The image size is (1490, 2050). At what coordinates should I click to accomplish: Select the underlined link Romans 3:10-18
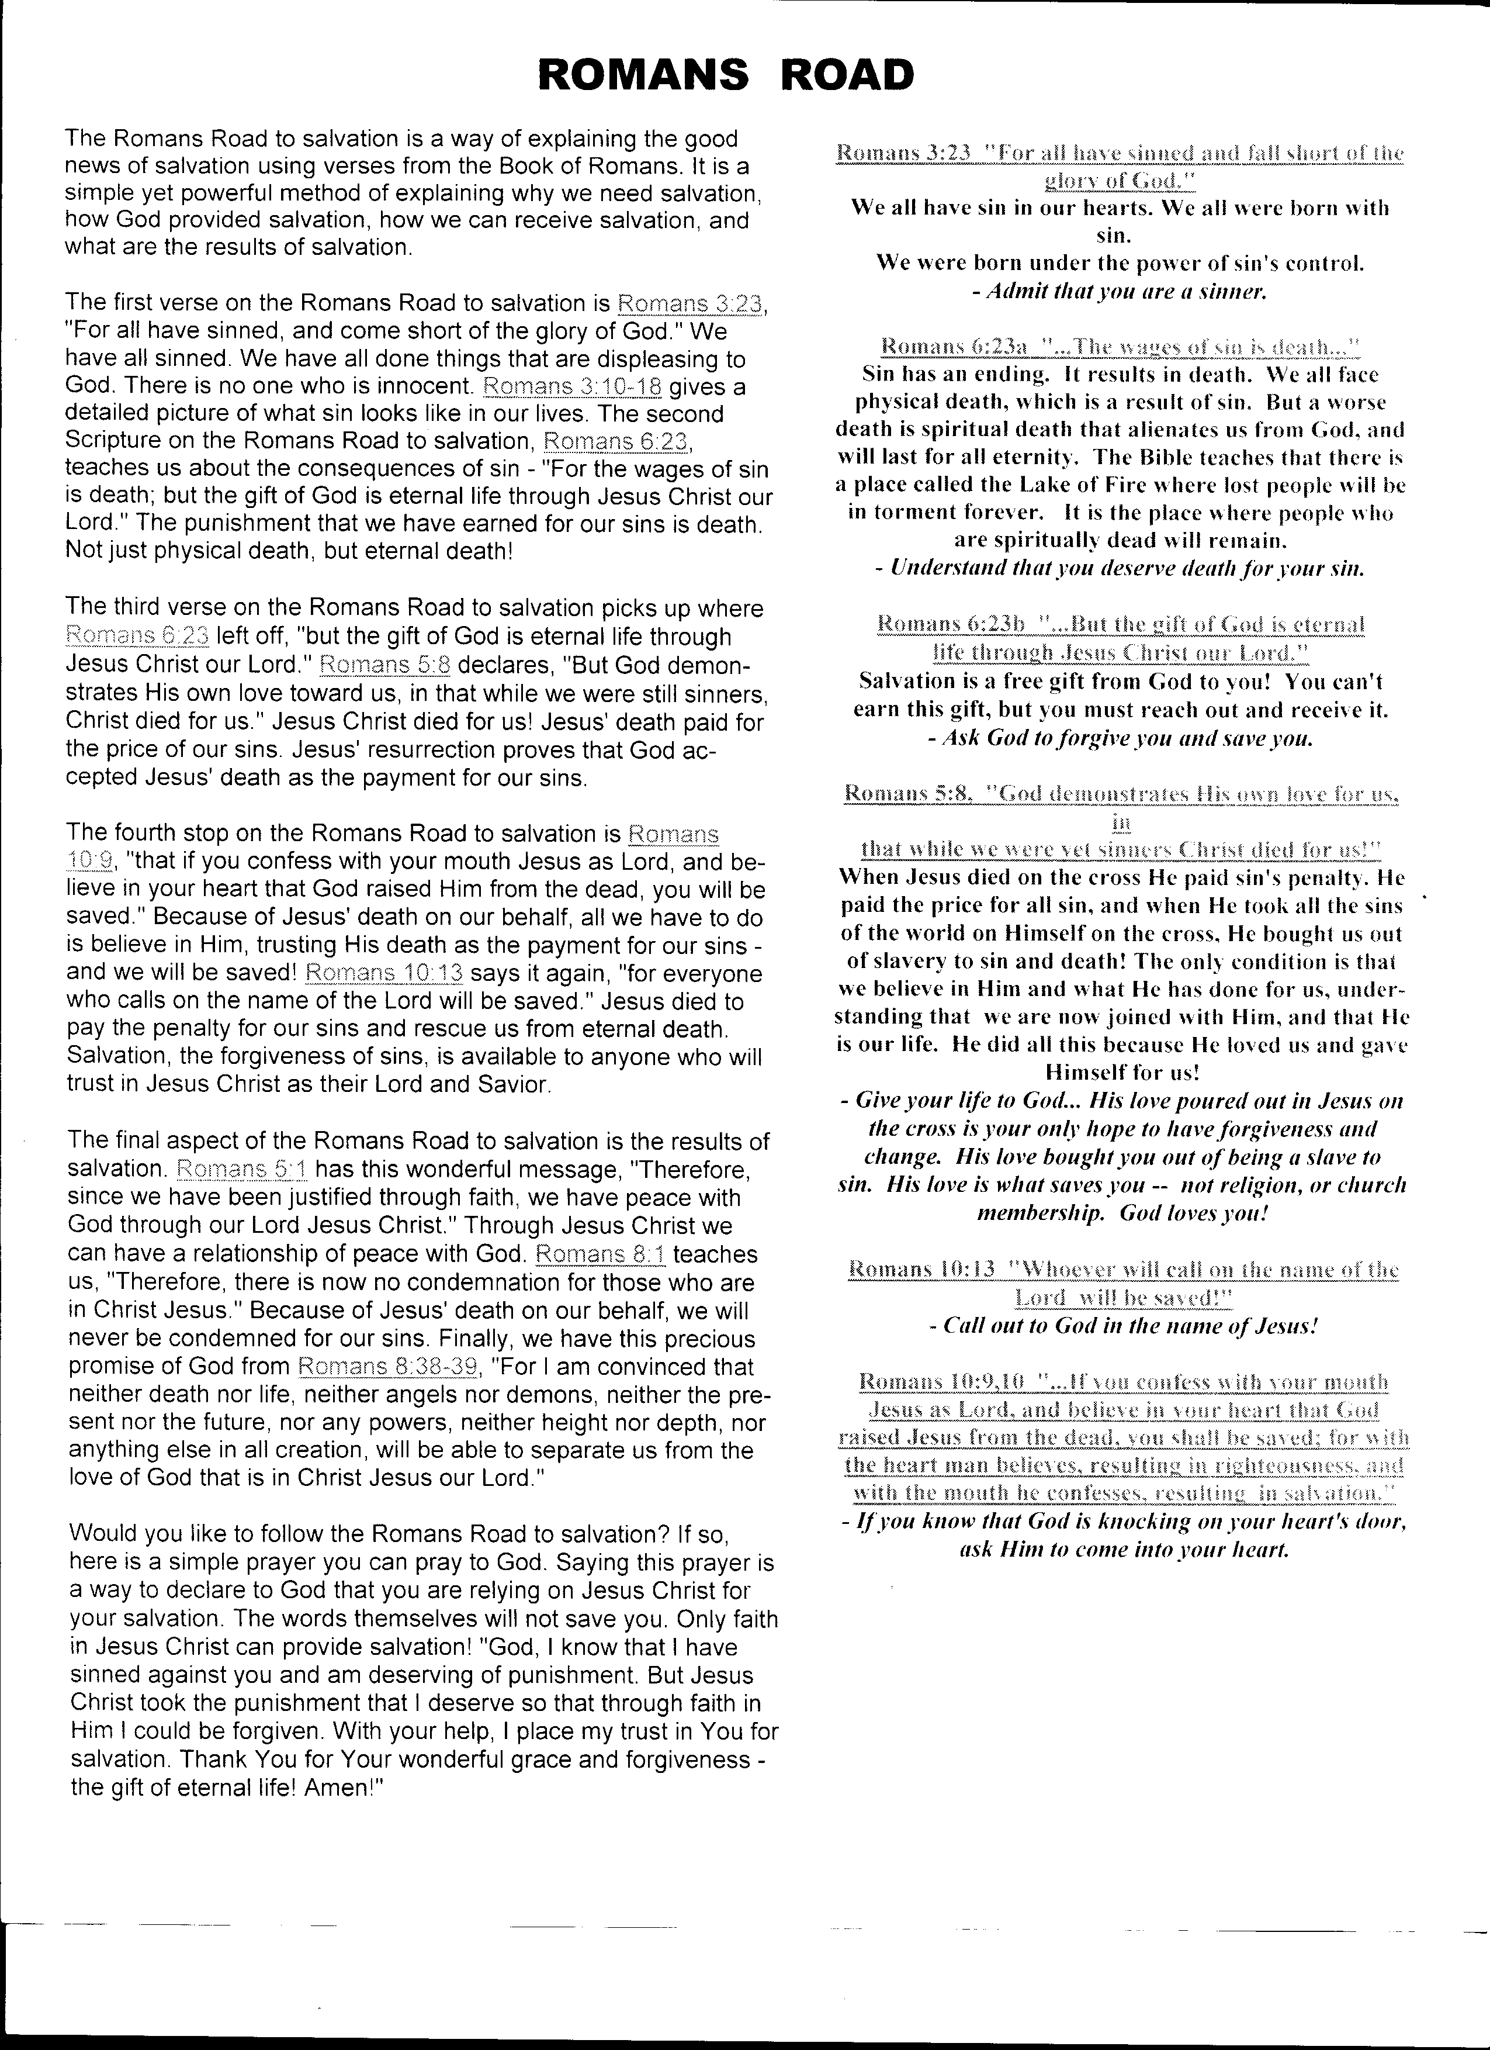573,387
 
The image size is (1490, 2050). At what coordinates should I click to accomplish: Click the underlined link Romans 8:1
601,1254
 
